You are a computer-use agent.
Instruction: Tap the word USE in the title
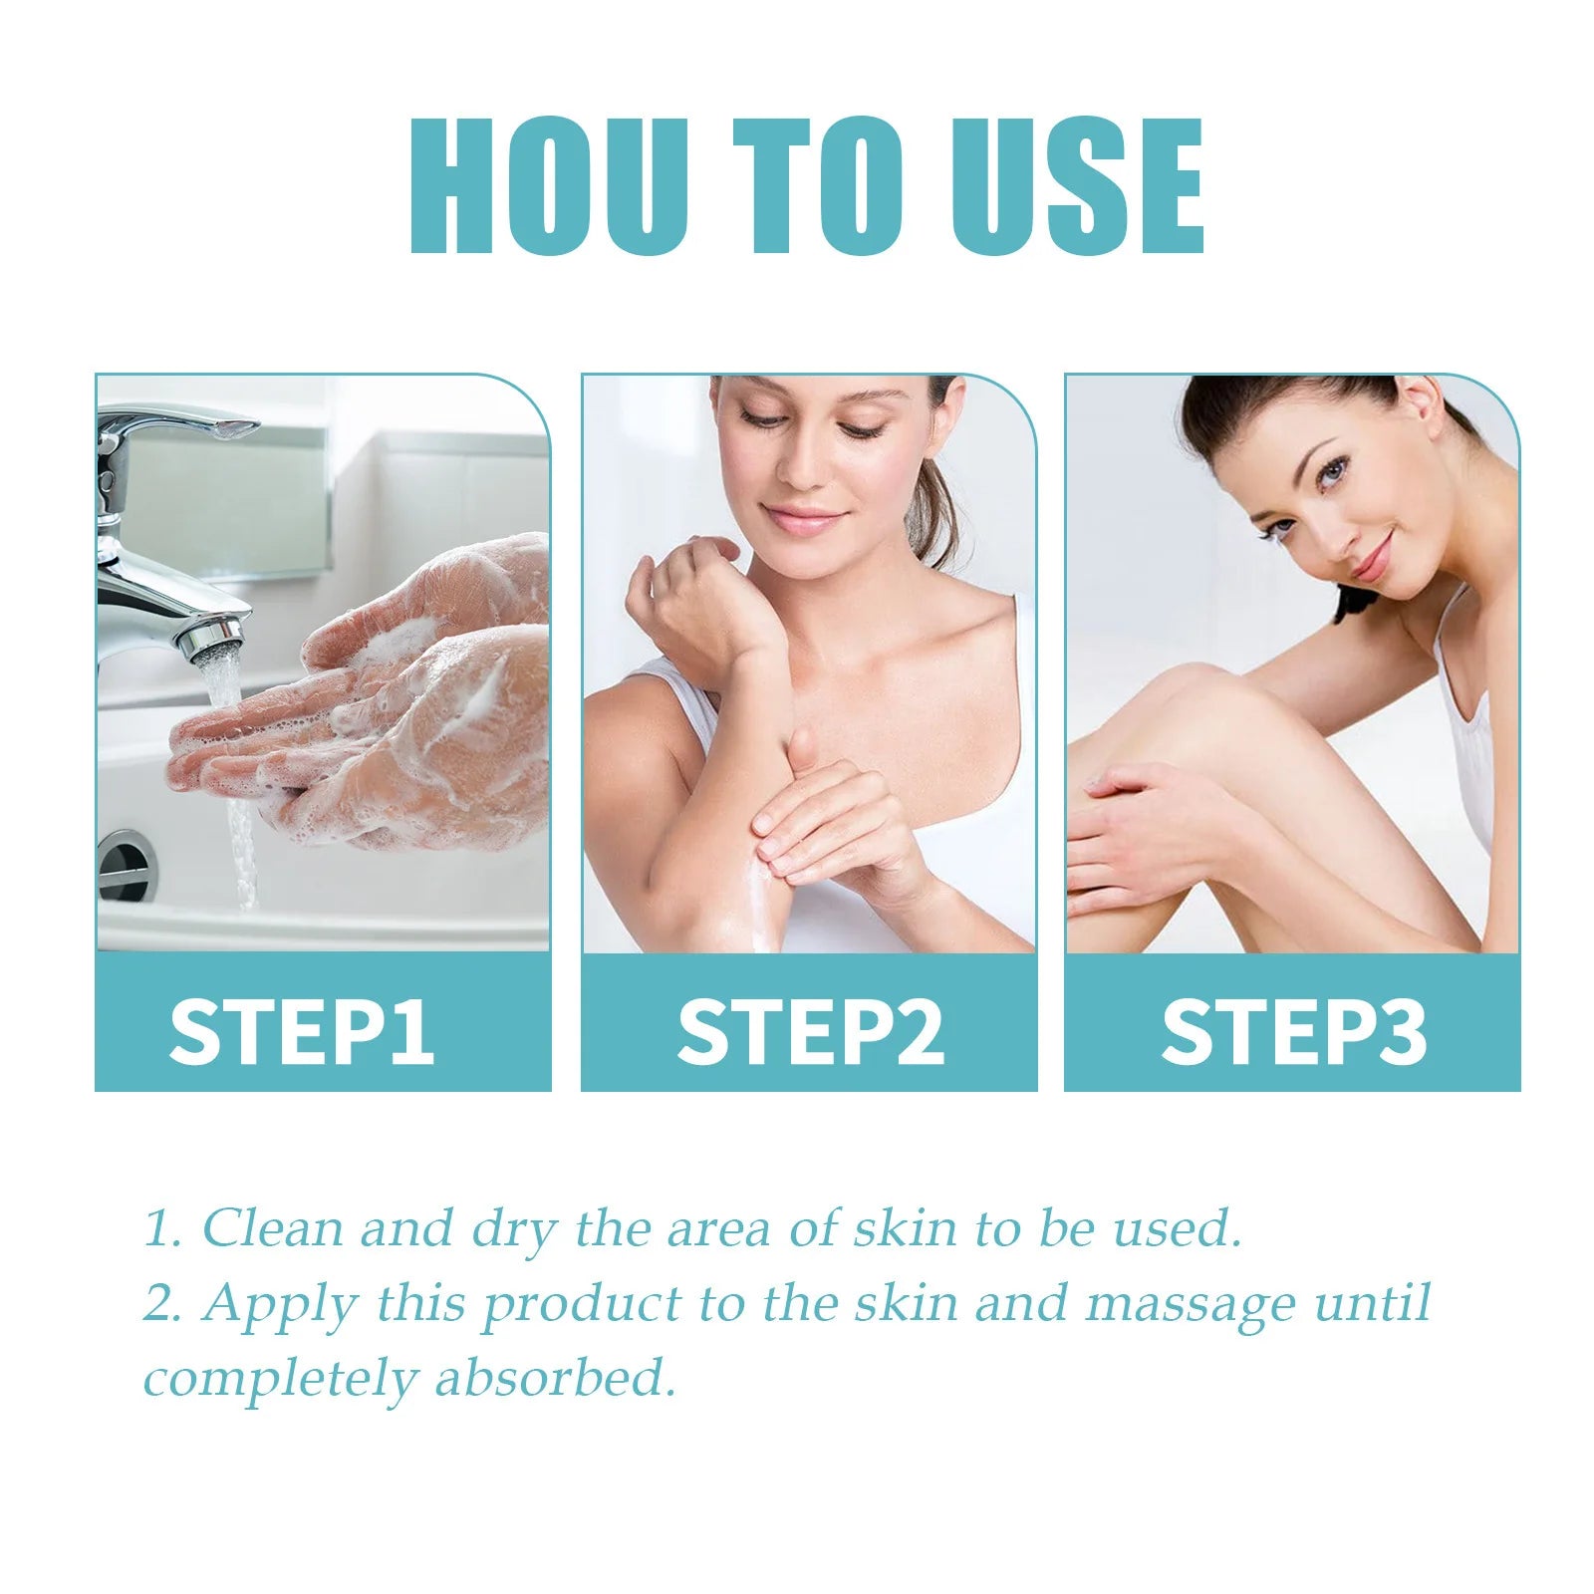coord(1076,186)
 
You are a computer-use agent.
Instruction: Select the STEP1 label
coord(301,1031)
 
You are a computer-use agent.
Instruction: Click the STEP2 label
coord(809,1031)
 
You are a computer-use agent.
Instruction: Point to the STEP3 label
coord(1293,1031)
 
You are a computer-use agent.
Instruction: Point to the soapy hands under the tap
coord(398,717)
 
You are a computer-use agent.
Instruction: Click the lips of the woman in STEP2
coord(805,520)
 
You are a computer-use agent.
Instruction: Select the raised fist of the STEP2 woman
coord(687,598)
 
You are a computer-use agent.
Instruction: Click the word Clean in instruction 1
coord(273,1228)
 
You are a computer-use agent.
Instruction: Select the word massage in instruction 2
coord(1191,1305)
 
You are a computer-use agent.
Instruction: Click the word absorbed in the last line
coord(555,1380)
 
